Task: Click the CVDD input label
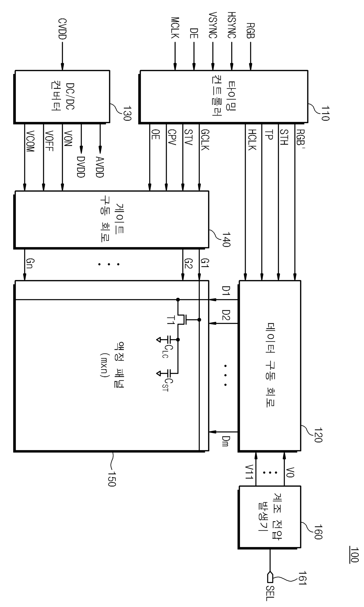pyautogui.click(x=62, y=29)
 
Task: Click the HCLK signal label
pyautogui.click(x=252, y=140)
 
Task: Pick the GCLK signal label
pyautogui.click(x=205, y=140)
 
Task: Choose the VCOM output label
pyautogui.click(x=30, y=141)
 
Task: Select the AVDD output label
pyautogui.click(x=100, y=167)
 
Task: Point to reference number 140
pyautogui.click(x=226, y=239)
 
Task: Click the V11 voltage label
pyautogui.click(x=249, y=472)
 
